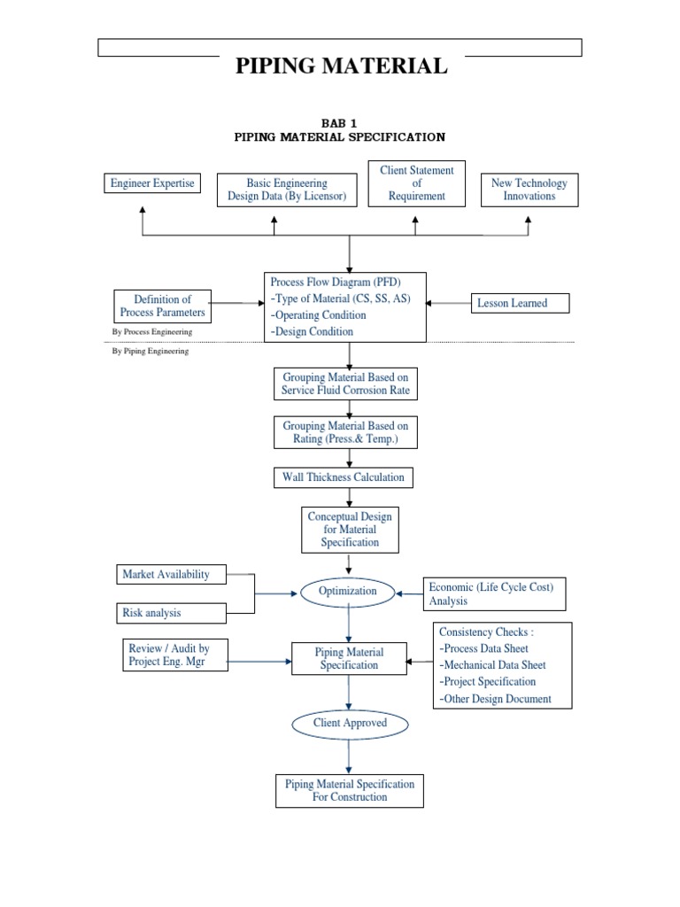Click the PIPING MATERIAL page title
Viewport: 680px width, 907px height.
click(x=341, y=65)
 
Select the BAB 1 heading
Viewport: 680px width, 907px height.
click(x=339, y=123)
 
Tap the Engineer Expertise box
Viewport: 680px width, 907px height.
click(x=151, y=183)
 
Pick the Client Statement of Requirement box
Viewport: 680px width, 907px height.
click(x=416, y=183)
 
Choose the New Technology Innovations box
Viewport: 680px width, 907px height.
click(x=529, y=190)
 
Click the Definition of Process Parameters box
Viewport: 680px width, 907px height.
click(x=162, y=306)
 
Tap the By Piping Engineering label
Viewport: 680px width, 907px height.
click(x=150, y=351)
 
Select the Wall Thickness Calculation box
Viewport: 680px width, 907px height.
click(x=343, y=477)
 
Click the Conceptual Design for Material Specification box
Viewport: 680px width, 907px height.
click(x=350, y=529)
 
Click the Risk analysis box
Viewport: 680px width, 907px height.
click(x=171, y=612)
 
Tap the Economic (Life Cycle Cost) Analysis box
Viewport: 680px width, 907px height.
click(x=494, y=593)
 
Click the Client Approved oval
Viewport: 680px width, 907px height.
click(x=350, y=723)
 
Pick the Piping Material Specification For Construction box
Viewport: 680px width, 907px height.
click(x=349, y=790)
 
